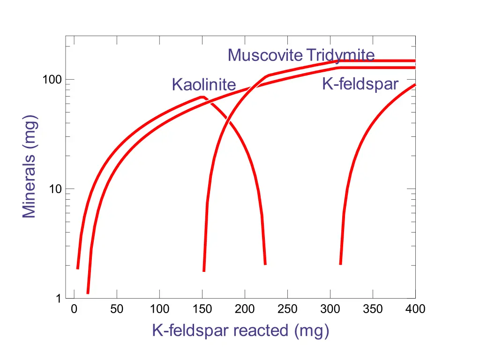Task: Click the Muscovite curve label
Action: (x=265, y=56)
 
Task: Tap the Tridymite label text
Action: (x=340, y=55)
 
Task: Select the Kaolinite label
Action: (x=203, y=85)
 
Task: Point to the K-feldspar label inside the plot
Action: (x=360, y=84)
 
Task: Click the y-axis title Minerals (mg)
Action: (x=30, y=166)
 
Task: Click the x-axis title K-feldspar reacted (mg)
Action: (x=240, y=330)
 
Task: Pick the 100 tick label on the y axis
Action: (x=52, y=80)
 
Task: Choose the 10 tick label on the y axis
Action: (x=56, y=189)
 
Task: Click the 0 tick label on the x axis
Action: (x=74, y=309)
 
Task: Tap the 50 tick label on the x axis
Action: (x=117, y=309)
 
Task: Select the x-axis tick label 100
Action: (x=159, y=309)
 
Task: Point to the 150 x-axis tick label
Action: (x=202, y=309)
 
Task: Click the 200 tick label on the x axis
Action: (x=245, y=309)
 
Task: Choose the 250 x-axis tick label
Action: (x=287, y=309)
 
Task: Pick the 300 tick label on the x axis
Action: (x=330, y=309)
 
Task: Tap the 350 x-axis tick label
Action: (x=373, y=309)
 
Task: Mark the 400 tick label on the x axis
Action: (x=415, y=309)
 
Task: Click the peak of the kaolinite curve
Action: (x=202, y=97)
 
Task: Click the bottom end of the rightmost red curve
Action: (x=340, y=264)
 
